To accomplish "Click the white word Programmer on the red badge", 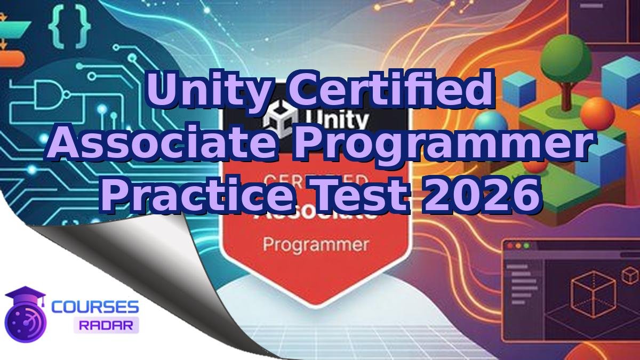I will click(316, 245).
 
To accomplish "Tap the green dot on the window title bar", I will click(526, 246).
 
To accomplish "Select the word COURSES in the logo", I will click(95, 307).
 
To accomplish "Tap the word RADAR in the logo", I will click(106, 325).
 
